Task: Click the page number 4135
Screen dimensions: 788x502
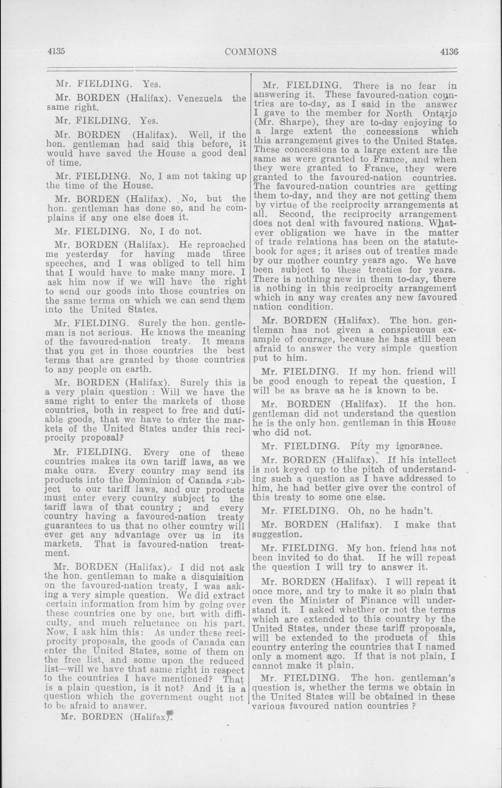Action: [x=57, y=51]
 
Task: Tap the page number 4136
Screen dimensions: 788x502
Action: [x=449, y=51]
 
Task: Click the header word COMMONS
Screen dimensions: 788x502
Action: [x=251, y=52]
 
